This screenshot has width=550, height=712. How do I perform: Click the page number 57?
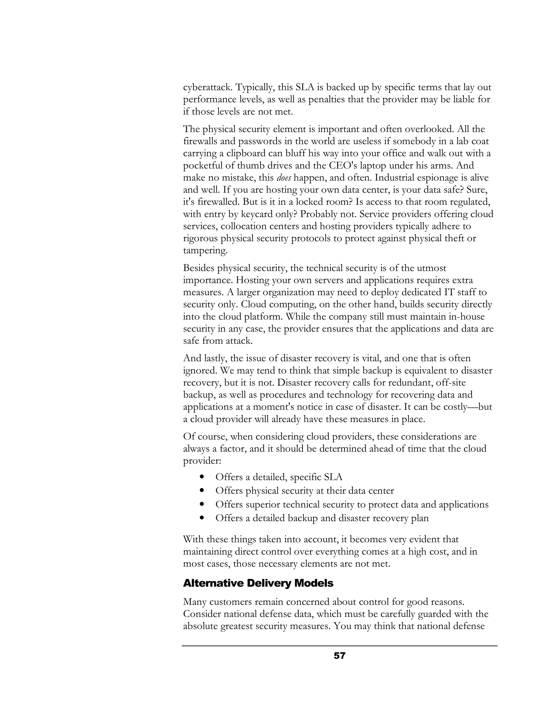pos(339,656)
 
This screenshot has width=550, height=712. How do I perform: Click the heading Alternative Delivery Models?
pos(258,583)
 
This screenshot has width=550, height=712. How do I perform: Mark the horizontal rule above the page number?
pos(339,646)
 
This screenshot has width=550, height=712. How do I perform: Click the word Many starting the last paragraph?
pos(194,602)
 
